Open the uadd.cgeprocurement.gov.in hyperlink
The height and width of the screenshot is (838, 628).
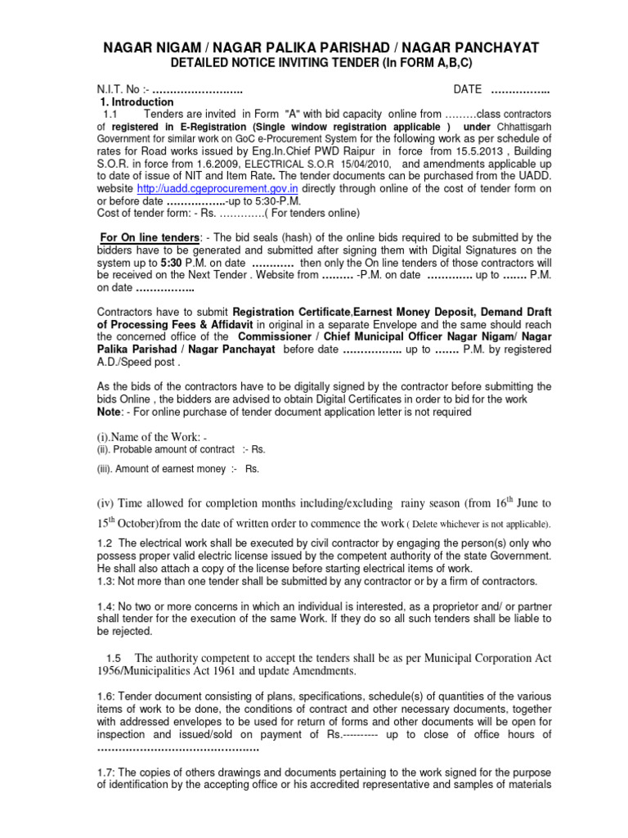pyautogui.click(x=229, y=188)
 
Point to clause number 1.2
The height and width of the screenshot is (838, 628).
pyautogui.click(x=105, y=543)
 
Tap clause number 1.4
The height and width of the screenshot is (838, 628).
pyautogui.click(x=105, y=606)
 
